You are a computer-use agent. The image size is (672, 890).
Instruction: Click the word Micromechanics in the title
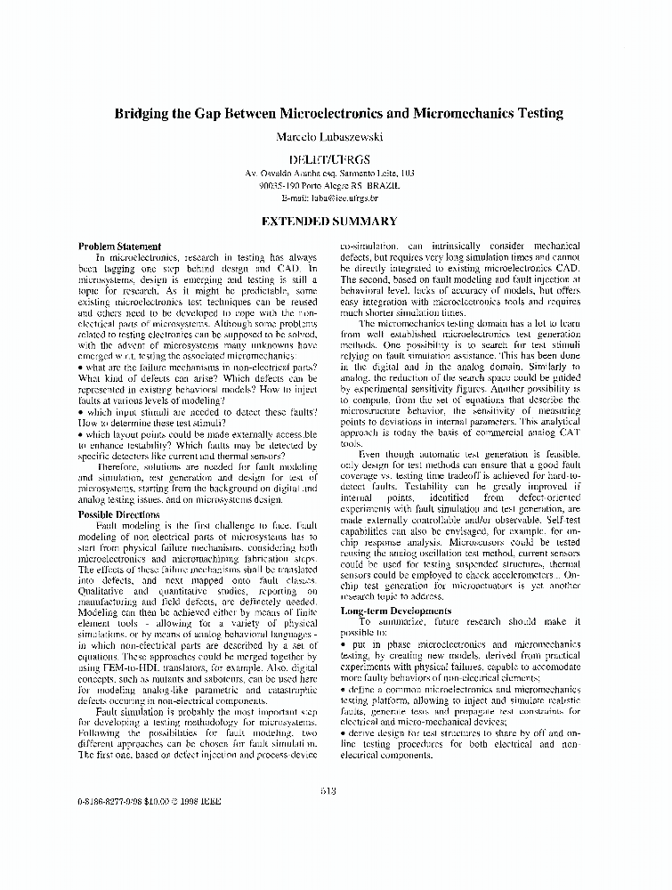461,114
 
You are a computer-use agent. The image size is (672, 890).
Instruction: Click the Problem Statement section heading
119,247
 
